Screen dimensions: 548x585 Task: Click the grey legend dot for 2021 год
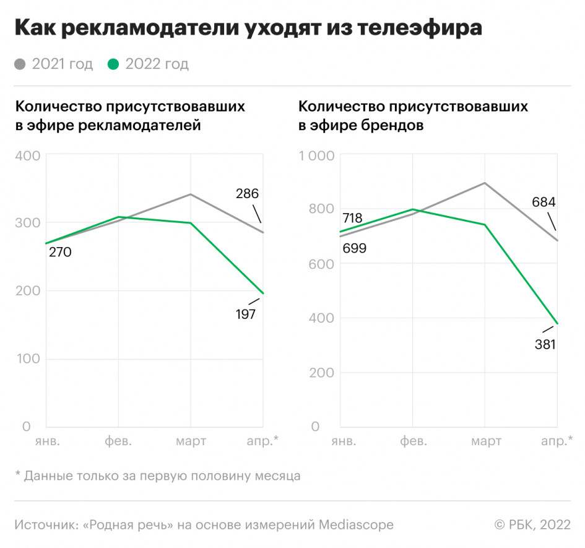(x=20, y=64)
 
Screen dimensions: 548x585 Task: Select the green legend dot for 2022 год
(x=113, y=64)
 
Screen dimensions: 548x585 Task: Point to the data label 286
(x=247, y=193)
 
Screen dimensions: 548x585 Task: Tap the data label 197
(x=246, y=314)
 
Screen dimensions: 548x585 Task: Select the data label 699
(x=355, y=249)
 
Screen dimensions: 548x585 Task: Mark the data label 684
(x=543, y=202)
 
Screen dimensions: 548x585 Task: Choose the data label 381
(x=545, y=344)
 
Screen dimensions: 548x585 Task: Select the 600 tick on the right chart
(x=320, y=264)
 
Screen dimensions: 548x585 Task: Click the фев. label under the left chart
(x=118, y=441)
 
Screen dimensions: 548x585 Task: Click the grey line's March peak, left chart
(x=190, y=194)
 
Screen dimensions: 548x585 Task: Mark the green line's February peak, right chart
(x=412, y=209)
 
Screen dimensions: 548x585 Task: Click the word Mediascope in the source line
(x=356, y=524)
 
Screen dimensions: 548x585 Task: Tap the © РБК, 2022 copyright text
(x=532, y=524)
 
